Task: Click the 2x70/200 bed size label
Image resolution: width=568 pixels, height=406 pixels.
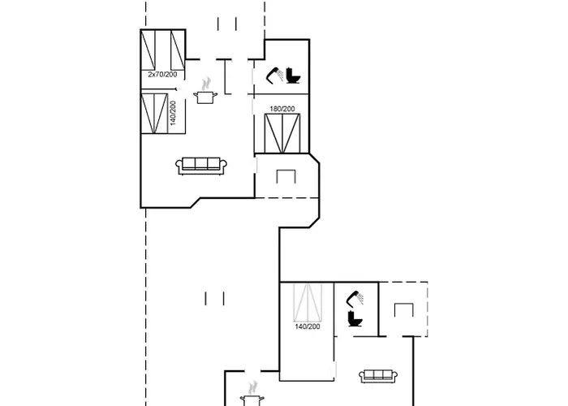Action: point(162,75)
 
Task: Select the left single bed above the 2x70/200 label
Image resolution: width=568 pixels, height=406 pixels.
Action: point(148,50)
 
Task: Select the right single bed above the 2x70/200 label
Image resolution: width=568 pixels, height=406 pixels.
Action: point(178,50)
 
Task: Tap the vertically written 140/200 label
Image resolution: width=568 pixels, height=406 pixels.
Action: point(173,113)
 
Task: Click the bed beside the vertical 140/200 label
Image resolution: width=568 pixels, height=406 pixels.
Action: point(154,114)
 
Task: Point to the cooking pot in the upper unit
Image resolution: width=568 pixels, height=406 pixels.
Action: point(205,97)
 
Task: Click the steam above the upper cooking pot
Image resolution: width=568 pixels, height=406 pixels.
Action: point(206,84)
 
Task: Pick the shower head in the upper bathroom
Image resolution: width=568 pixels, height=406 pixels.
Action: point(275,75)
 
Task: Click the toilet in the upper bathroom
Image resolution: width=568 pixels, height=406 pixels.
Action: point(293,76)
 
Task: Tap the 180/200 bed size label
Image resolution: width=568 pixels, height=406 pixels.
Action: point(282,109)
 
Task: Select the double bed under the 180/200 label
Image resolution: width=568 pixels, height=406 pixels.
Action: point(282,133)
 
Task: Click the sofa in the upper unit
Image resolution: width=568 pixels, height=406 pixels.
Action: point(201,166)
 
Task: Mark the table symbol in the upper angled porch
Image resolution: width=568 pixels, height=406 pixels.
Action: point(286,176)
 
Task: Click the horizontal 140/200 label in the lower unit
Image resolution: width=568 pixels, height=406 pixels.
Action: point(308,326)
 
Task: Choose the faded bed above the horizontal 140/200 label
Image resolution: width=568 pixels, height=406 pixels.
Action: point(308,303)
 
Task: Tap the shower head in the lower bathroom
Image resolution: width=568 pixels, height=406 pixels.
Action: point(355,298)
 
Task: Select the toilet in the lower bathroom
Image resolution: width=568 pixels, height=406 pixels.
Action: point(355,318)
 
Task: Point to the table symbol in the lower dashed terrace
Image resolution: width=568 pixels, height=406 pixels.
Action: point(404,310)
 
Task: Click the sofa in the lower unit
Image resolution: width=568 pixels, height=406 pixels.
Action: point(378,376)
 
